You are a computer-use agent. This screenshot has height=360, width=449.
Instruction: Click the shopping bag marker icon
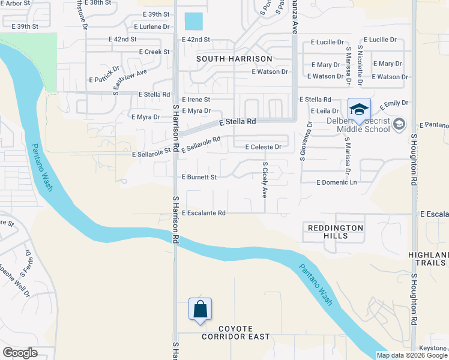click(200, 310)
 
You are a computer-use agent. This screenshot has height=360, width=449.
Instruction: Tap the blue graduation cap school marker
click(359, 110)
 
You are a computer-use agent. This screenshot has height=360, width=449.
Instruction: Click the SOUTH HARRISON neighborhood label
click(234, 59)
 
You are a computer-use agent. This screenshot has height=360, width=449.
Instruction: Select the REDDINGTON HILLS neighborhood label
click(336, 232)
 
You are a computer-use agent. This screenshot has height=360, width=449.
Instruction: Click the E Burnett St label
click(199, 178)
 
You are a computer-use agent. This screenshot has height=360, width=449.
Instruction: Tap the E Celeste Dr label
click(264, 147)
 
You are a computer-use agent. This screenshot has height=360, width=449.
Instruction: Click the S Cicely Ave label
click(264, 180)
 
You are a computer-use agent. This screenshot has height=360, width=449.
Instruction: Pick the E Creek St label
click(154, 52)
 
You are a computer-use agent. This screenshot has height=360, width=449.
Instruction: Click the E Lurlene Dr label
click(152, 27)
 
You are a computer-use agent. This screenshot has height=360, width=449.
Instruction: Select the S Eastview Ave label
click(130, 82)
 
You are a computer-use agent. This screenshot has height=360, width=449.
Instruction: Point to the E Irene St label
click(196, 100)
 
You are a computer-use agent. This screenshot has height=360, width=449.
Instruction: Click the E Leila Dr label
click(326, 112)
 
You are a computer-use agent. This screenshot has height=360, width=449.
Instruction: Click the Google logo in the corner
click(20, 353)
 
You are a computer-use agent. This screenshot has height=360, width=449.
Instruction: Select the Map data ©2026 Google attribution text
click(412, 355)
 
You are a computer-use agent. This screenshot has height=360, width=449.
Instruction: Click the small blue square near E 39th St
click(193, 22)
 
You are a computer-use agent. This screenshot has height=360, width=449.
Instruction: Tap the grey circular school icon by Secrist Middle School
click(398, 124)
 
